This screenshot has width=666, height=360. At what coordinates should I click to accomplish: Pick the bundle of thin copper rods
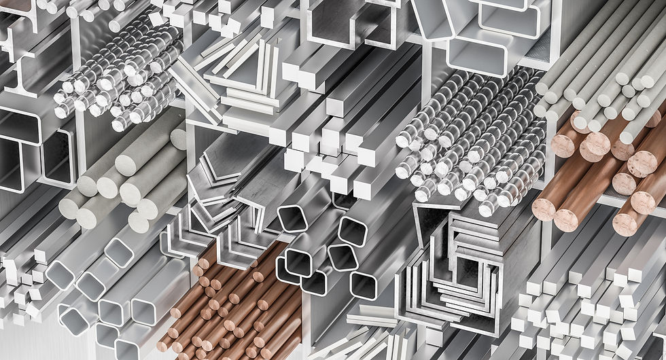pyautogui.click(x=231, y=306)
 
